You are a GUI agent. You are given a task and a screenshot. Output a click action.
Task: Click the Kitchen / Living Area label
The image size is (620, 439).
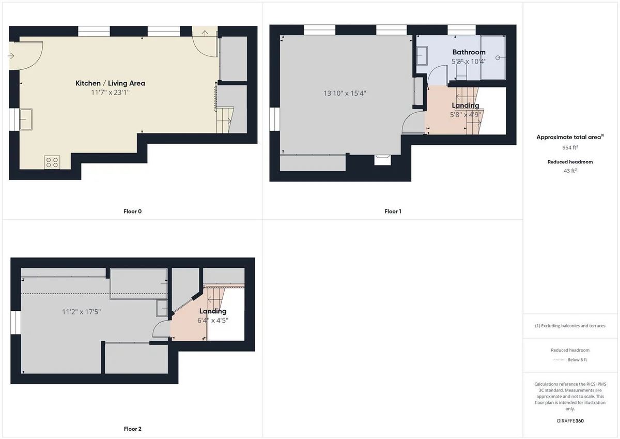[x=110, y=83]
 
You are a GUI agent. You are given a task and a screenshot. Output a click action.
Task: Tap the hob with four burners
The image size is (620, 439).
[x=52, y=162]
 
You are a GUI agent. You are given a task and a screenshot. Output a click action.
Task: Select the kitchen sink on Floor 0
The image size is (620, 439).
[x=26, y=119]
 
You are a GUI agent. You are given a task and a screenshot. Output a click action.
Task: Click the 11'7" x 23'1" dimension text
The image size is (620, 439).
[x=110, y=93]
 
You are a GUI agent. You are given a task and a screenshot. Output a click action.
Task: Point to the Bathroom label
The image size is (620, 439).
[x=469, y=52]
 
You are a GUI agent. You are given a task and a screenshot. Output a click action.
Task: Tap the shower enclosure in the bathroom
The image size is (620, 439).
[x=493, y=57]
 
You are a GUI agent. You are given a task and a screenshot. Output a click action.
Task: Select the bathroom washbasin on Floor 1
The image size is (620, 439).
[x=422, y=56]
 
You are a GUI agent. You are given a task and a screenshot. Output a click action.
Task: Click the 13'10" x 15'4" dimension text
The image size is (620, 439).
[x=345, y=94]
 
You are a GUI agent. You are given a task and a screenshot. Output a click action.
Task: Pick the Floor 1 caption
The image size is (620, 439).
[x=393, y=211]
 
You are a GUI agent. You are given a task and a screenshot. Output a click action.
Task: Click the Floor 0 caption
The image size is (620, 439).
[x=133, y=211]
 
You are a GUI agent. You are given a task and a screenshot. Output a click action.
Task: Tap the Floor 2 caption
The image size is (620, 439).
[x=133, y=429]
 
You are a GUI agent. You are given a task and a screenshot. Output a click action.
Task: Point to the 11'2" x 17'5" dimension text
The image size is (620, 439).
[x=82, y=312]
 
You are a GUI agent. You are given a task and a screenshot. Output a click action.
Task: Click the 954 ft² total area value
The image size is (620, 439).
[x=570, y=147]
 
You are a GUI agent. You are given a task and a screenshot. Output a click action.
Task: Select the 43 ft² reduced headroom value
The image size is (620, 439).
[x=570, y=171]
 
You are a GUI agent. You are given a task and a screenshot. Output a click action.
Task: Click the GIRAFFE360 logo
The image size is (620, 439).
[x=570, y=421]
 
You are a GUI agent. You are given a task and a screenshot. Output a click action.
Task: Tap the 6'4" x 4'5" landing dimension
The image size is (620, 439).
[x=213, y=321]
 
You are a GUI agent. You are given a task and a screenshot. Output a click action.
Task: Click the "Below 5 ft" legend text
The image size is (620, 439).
[x=577, y=359]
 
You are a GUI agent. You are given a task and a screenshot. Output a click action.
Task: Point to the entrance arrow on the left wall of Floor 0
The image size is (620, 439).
[x=11, y=56]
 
